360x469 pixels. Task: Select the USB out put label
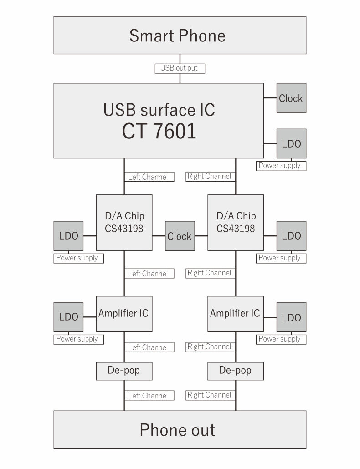click(180, 68)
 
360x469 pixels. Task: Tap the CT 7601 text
click(159, 131)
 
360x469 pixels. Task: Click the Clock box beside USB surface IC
click(291, 98)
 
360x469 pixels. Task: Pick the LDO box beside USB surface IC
click(291, 143)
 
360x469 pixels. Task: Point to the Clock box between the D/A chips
click(180, 236)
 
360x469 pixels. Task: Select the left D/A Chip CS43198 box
click(124, 222)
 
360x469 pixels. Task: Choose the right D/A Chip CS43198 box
click(236, 222)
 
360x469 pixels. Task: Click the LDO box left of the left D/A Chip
click(68, 236)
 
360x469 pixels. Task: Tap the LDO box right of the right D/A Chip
click(291, 236)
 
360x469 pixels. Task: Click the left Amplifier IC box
click(124, 314)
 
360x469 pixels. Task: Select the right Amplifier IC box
click(236, 314)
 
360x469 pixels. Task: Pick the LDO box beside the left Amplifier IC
click(68, 317)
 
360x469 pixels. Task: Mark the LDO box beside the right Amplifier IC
click(291, 317)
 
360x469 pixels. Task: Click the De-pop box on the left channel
click(124, 371)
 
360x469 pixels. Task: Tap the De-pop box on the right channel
click(236, 371)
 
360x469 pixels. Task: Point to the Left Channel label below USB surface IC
click(148, 177)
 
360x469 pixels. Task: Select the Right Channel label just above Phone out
click(209, 395)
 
